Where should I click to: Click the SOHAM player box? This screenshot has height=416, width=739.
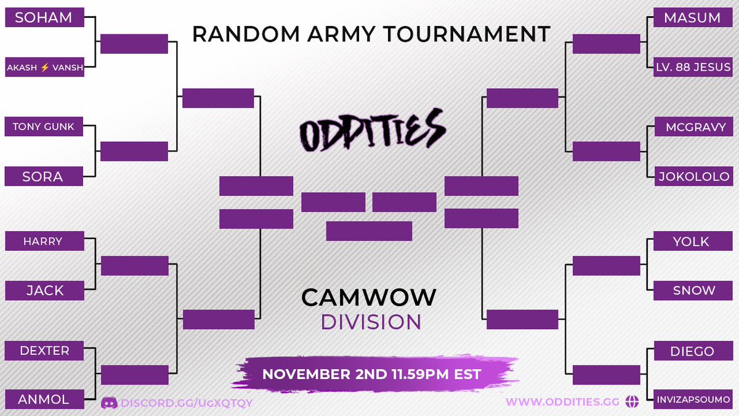click(x=44, y=18)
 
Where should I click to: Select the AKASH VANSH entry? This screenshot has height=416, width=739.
click(x=44, y=67)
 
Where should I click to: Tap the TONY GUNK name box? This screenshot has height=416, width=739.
click(x=44, y=128)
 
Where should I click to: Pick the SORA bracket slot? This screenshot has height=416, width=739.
click(x=44, y=176)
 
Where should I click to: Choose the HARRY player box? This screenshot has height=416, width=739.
click(x=44, y=241)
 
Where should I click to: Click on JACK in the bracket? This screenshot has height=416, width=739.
click(x=44, y=290)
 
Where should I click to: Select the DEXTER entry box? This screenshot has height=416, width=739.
click(x=44, y=351)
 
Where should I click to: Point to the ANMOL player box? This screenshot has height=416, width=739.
click(x=44, y=399)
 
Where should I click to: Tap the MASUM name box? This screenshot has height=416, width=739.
click(x=693, y=18)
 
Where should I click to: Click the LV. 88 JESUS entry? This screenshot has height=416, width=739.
click(x=693, y=67)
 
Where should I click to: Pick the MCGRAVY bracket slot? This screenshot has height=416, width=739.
click(x=693, y=128)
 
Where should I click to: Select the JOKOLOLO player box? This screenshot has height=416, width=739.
click(x=693, y=176)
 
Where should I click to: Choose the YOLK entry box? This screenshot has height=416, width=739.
click(x=693, y=242)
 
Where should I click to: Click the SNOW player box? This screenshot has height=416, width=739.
click(x=693, y=290)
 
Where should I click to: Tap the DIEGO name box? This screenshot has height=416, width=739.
click(x=693, y=351)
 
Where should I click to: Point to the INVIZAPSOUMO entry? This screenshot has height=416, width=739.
click(x=693, y=399)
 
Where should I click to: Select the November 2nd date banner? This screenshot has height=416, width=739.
click(x=371, y=374)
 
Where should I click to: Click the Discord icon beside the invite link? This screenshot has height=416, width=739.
click(x=109, y=402)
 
